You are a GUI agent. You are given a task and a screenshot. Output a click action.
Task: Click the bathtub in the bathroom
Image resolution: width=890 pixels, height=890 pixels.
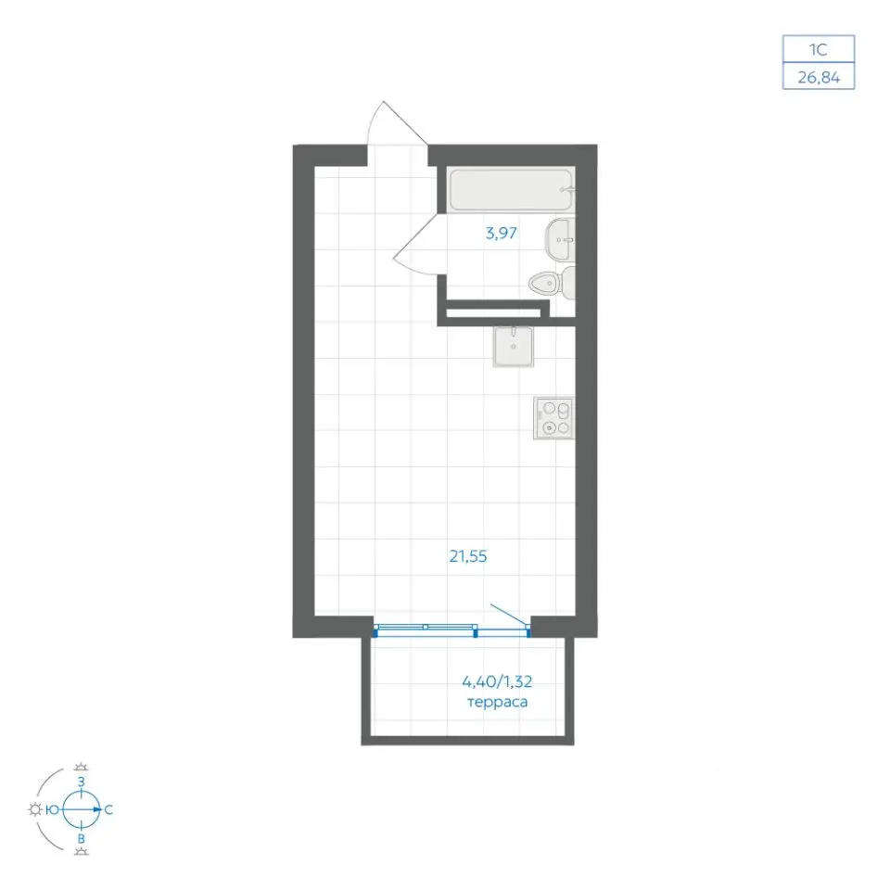click(x=511, y=189)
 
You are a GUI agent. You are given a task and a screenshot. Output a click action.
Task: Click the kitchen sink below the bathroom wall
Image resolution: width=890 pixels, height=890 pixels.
click(x=513, y=346)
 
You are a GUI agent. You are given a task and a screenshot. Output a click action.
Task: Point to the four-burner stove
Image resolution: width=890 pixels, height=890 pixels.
click(x=554, y=418)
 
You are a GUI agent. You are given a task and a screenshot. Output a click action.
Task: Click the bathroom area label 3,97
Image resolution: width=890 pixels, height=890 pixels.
click(x=502, y=234)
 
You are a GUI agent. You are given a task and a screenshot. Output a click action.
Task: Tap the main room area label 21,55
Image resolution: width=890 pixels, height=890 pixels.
click(x=468, y=556)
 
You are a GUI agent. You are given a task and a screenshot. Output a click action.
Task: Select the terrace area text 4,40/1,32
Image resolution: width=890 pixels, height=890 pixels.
click(x=497, y=680)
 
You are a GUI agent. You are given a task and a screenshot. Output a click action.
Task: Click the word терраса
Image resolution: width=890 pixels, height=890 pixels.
click(x=497, y=702)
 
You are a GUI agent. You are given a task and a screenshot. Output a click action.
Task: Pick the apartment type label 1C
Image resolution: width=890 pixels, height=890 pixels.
click(x=818, y=50)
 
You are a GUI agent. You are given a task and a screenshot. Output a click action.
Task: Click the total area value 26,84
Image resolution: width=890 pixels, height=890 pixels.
click(x=819, y=77)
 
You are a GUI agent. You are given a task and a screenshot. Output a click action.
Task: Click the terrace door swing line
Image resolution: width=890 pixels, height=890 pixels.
click(x=510, y=616)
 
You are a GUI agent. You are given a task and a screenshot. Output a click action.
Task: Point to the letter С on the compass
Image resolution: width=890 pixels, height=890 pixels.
click(x=108, y=810)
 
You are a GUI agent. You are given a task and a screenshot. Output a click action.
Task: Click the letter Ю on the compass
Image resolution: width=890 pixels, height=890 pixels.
click(x=52, y=810)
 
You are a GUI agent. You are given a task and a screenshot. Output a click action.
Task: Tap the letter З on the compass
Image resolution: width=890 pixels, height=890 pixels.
click(x=82, y=782)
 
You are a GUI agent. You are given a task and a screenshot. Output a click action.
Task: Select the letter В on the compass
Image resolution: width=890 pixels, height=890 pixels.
click(x=82, y=839)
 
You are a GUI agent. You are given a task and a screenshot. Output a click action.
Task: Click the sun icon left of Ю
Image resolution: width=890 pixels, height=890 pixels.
click(x=35, y=810)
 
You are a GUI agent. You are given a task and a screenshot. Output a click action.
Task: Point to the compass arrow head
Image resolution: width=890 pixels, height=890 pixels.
click(x=97, y=810)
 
